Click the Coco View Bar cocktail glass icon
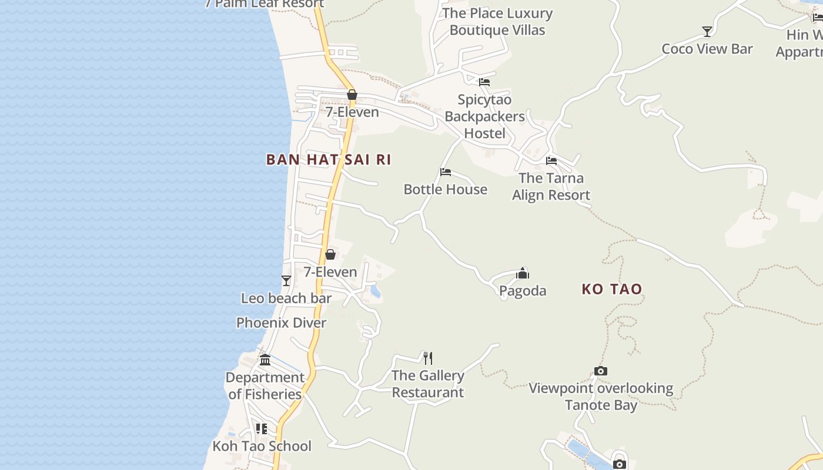click(x=707, y=32)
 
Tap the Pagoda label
click(x=523, y=291)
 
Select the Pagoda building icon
click(x=523, y=273)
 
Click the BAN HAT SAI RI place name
click(x=329, y=160)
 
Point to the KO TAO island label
click(x=612, y=289)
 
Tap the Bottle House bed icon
click(x=446, y=172)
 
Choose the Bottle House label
click(x=446, y=189)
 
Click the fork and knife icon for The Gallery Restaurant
click(x=428, y=358)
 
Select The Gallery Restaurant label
click(x=428, y=384)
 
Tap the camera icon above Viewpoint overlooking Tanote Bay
click(x=600, y=371)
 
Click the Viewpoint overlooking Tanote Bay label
click(x=601, y=397)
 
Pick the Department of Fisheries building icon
click(x=265, y=360)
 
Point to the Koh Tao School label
click(x=262, y=446)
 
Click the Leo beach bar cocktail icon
click(x=286, y=281)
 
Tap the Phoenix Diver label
click(x=281, y=323)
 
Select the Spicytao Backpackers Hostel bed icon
click(x=484, y=82)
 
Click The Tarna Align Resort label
click(x=551, y=186)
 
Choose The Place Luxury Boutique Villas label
click(x=497, y=22)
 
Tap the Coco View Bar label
click(x=707, y=49)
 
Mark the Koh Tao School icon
click(x=262, y=429)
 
